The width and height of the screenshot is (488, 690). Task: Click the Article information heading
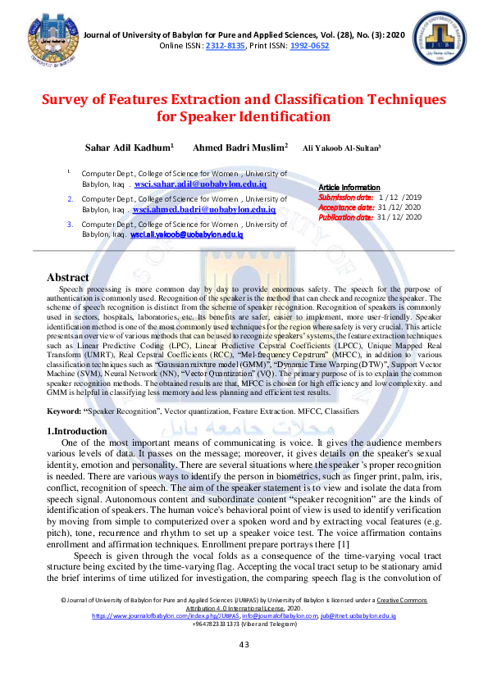tap(349, 188)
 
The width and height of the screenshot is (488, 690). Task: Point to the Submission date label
tap(345, 197)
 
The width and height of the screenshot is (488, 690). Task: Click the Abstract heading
tap(68, 278)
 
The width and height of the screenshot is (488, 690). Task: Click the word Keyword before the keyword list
tap(64, 409)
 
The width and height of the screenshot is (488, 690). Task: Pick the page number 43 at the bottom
tap(244, 668)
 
